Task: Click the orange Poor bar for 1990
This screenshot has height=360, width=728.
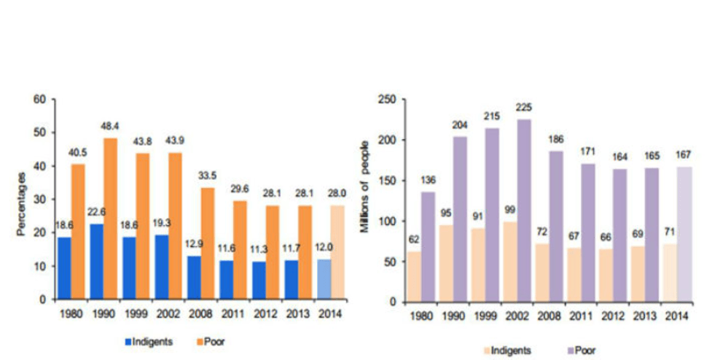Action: click(x=111, y=219)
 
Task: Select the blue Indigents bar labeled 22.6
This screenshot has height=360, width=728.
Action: click(x=97, y=262)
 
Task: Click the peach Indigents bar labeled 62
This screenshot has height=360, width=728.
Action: click(x=414, y=277)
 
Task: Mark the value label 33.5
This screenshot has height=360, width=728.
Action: click(x=208, y=177)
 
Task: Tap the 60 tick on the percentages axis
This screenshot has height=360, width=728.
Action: click(x=42, y=99)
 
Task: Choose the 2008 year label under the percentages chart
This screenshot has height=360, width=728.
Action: click(x=200, y=313)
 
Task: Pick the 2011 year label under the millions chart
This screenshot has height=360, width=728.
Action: click(x=582, y=317)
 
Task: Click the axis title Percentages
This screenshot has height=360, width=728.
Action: click(x=21, y=204)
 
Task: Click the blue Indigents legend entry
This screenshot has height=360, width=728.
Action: click(x=149, y=342)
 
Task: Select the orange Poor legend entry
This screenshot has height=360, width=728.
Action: click(x=211, y=342)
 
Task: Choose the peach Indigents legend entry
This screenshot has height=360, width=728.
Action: click(x=507, y=350)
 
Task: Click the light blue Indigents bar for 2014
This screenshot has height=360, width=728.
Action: click(x=324, y=280)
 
